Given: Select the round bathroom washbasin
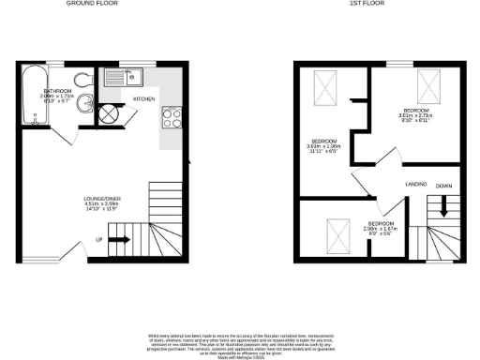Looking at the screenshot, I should pyautogui.click(x=84, y=104).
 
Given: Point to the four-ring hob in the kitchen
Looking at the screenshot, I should pyautogui.click(x=172, y=118).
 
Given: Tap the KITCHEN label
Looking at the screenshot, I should pyautogui.click(x=143, y=97).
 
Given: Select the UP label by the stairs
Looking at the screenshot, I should pyautogui.click(x=98, y=239).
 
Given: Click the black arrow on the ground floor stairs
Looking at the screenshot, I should pyautogui.click(x=120, y=239).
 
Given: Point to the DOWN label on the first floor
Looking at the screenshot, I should pyautogui.click(x=443, y=186).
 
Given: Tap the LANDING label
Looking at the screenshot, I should pyautogui.click(x=416, y=184).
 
